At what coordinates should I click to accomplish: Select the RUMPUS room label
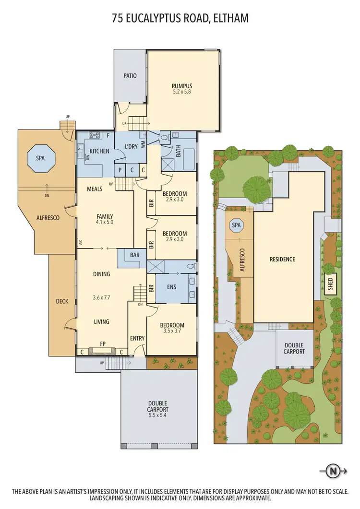182,86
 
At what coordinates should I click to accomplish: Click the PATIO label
130,76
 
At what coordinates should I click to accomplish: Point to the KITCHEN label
99,152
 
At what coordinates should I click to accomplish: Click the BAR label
134,255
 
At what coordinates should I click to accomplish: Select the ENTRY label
137,339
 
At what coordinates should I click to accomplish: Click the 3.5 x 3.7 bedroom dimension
172,331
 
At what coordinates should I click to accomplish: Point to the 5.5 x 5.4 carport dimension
158,416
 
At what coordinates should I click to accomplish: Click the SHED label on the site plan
330,284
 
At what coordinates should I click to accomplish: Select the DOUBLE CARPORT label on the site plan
294,348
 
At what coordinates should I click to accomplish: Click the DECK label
62,301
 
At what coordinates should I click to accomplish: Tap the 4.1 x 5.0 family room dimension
105,223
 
